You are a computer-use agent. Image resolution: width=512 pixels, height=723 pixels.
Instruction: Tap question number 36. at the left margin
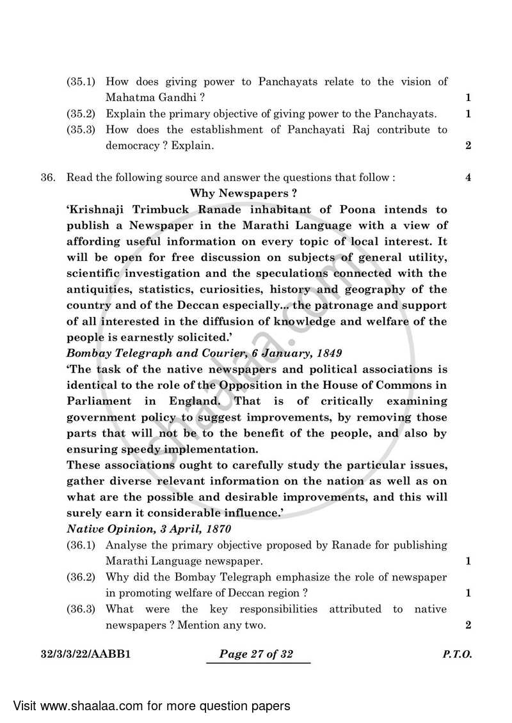49,178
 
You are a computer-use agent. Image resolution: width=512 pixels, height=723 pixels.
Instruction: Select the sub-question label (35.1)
81,82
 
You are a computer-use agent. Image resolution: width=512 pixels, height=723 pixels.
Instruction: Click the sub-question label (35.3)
81,130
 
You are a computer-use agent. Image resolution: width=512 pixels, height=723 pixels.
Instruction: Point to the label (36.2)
81,577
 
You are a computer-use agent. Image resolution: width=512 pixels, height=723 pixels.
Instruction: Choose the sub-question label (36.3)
81,609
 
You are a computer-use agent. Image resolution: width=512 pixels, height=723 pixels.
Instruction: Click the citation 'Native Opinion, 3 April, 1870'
148,529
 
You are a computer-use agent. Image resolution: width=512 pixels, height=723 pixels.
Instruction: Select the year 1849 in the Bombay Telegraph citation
328,353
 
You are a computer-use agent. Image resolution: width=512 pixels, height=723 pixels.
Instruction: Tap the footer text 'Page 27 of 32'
257,655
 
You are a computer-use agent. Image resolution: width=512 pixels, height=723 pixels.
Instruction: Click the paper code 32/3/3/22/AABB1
84,655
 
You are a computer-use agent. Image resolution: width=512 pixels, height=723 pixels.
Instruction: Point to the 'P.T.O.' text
457,655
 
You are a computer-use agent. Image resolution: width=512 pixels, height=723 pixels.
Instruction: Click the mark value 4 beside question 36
468,178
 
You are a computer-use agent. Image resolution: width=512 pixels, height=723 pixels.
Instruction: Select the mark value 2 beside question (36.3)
468,625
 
